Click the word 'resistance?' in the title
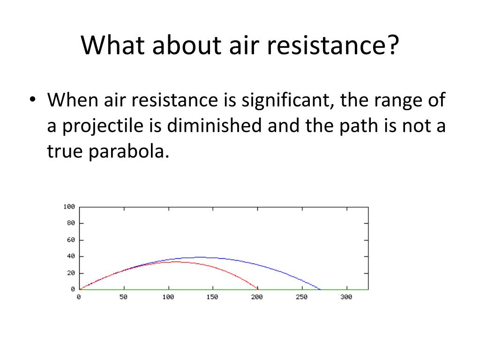coord(333,45)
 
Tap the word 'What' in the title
coord(112,45)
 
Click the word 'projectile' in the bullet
coord(103,126)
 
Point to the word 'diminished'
coord(214,126)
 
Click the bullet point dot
coord(32,99)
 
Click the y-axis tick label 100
coord(69,207)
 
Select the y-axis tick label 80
coord(71,223)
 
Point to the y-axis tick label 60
coord(71,240)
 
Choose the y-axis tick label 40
coord(71,256)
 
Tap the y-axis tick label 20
coord(71,273)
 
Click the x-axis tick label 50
coord(124,297)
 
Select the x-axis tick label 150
coord(212,297)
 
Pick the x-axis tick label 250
coord(301,297)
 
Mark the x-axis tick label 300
coord(346,297)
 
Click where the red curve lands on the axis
coord(258,289)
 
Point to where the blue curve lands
coord(320,289)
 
